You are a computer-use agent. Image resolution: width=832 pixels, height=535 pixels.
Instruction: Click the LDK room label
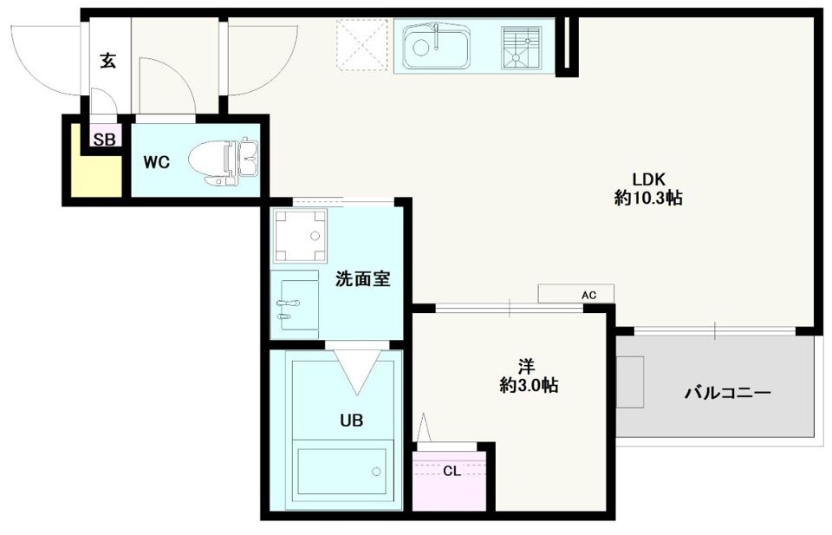(647, 179)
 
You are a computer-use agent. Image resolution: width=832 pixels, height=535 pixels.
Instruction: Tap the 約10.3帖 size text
(647, 199)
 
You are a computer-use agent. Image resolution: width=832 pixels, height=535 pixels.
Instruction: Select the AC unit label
(588, 296)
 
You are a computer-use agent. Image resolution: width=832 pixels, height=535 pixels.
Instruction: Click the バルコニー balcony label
(727, 393)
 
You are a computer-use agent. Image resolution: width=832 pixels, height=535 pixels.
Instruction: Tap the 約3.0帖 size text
(527, 386)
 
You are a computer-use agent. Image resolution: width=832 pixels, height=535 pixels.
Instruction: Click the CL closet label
(452, 472)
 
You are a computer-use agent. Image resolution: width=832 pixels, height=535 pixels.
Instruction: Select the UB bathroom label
(350, 421)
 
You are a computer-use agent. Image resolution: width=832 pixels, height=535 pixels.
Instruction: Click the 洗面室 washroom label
(362, 279)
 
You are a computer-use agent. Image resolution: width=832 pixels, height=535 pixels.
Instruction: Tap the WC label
(157, 161)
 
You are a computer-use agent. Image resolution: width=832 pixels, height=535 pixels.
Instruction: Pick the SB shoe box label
(104, 140)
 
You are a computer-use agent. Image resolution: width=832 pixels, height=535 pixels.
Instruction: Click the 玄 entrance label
(107, 62)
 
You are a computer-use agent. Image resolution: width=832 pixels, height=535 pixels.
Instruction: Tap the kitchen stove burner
(521, 46)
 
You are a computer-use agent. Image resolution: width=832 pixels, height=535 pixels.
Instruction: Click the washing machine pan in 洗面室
(299, 235)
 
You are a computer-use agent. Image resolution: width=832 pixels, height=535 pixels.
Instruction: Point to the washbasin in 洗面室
(293, 304)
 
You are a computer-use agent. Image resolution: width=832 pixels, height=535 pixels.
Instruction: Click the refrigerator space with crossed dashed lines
(363, 45)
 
